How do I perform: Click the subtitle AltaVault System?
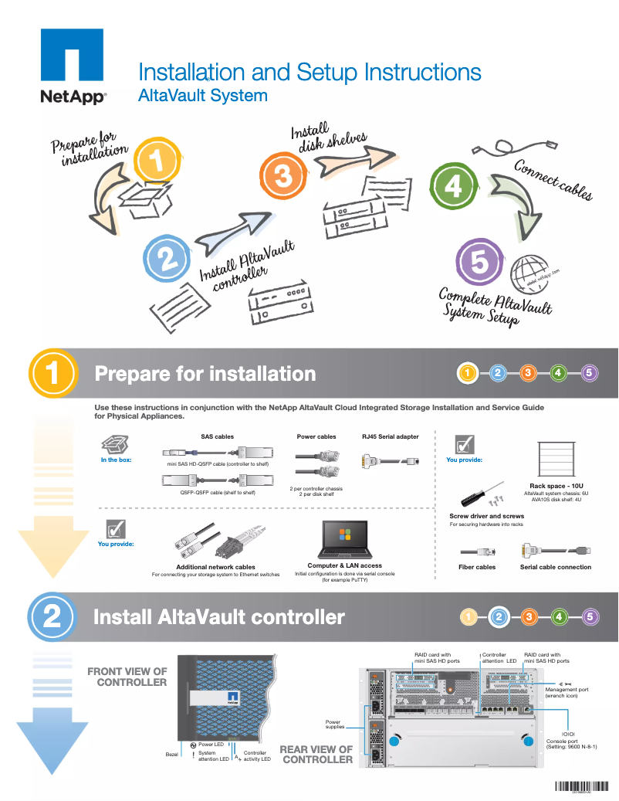202,96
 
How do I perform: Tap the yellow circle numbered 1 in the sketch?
157,161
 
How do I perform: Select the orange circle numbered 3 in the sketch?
283,177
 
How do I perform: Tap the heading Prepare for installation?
205,374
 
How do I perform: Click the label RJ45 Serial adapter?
390,436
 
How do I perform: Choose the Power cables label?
316,436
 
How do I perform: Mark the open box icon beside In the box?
115,444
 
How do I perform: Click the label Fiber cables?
477,567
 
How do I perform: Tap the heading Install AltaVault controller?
218,617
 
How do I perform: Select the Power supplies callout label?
333,725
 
